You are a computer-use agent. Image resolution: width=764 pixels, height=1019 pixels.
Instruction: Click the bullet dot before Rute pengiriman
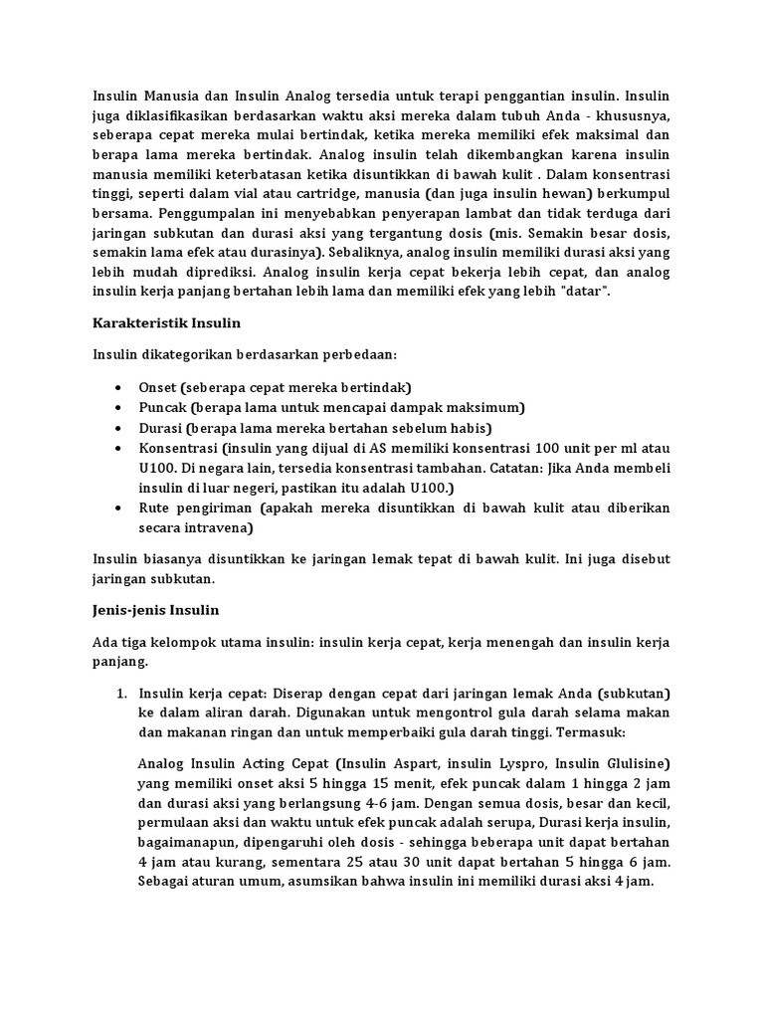click(119, 509)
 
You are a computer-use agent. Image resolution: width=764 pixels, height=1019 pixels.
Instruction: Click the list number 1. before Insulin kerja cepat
click(122, 693)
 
